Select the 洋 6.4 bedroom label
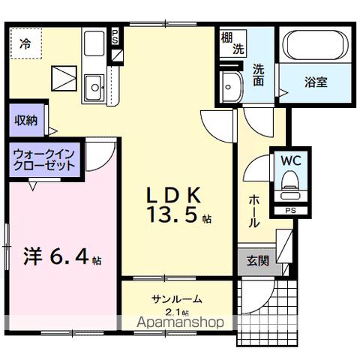point(54,259)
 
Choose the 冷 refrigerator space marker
point(25,43)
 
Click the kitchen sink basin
point(94,85)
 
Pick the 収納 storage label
point(25,120)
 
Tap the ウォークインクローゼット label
point(43,161)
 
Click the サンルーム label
point(175,299)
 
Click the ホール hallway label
point(254,209)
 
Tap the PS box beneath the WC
point(290,210)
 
